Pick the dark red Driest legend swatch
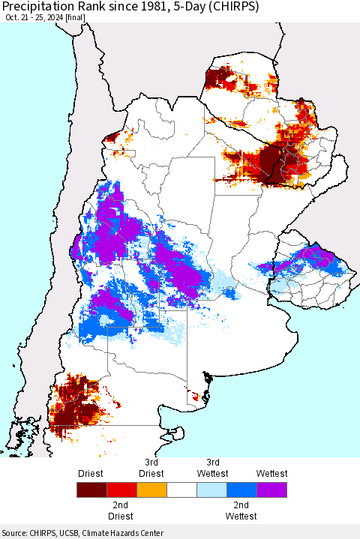point(91,491)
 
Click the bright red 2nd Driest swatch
point(121,491)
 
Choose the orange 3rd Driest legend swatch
point(151,491)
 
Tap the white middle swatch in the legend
point(181,491)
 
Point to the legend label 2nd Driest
point(121,511)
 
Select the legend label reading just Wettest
point(271,473)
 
